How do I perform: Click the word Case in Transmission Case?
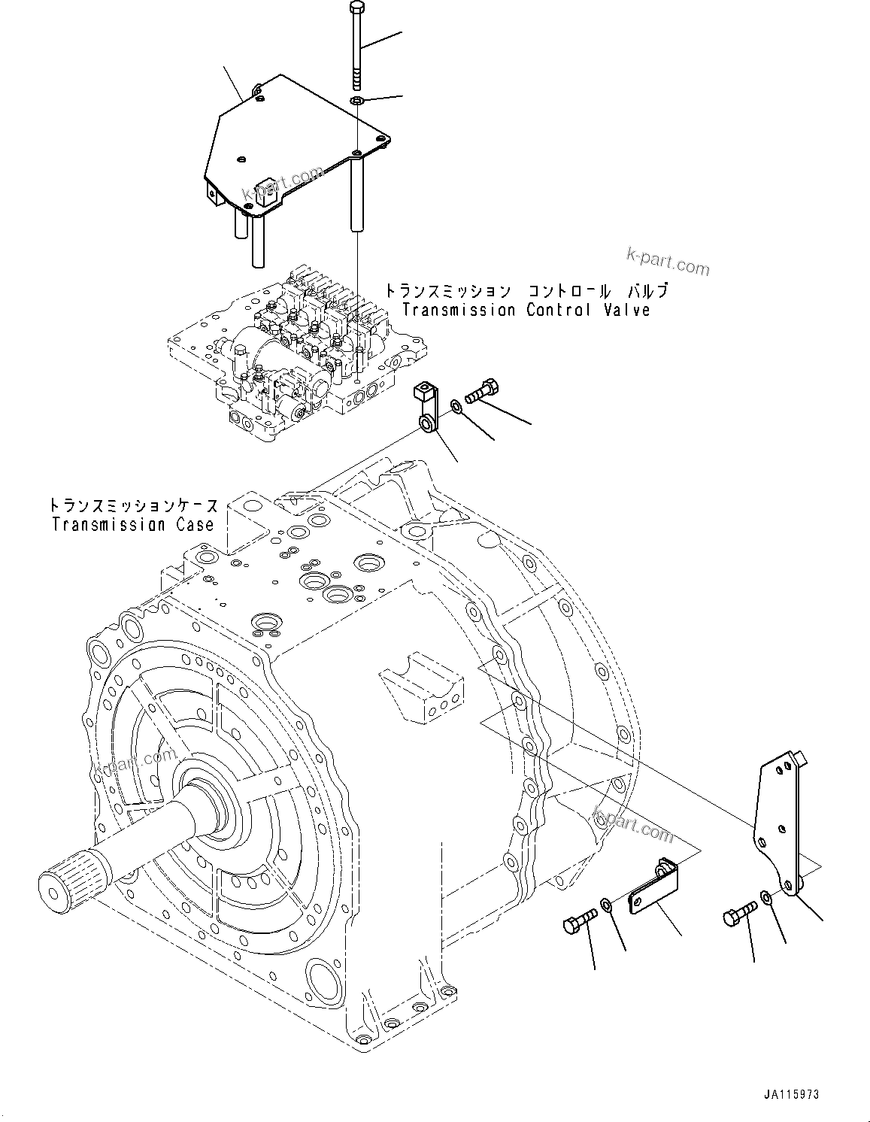pos(196,524)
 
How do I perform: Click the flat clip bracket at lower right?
pos(653,890)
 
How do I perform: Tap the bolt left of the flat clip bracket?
pos(579,920)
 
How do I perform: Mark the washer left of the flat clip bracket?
pos(606,902)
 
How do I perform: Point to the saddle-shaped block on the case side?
pos(421,692)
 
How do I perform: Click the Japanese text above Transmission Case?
pos(134,505)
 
